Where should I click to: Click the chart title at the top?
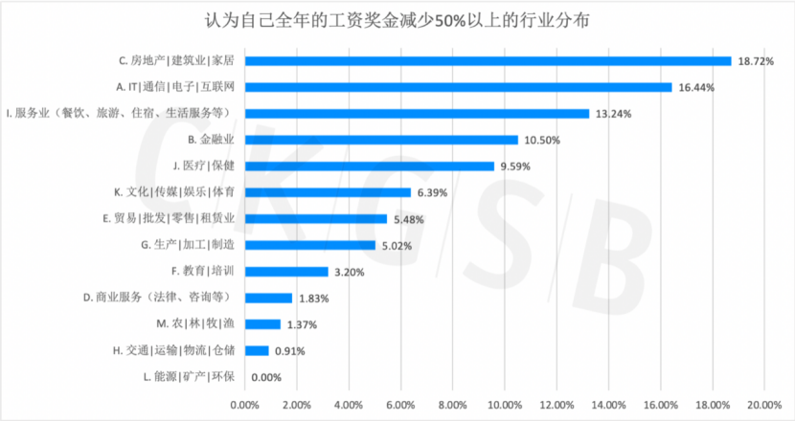tap(398, 20)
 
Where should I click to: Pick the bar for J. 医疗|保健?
tap(369, 166)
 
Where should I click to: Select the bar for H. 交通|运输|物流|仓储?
tap(256, 350)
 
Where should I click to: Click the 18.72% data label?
tap(756, 60)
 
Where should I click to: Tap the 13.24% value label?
tap(613, 114)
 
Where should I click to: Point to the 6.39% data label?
tap(434, 192)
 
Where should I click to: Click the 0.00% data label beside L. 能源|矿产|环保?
tap(267, 377)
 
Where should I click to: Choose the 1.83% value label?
tap(315, 298)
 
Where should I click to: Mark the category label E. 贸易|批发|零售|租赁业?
tap(169, 218)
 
